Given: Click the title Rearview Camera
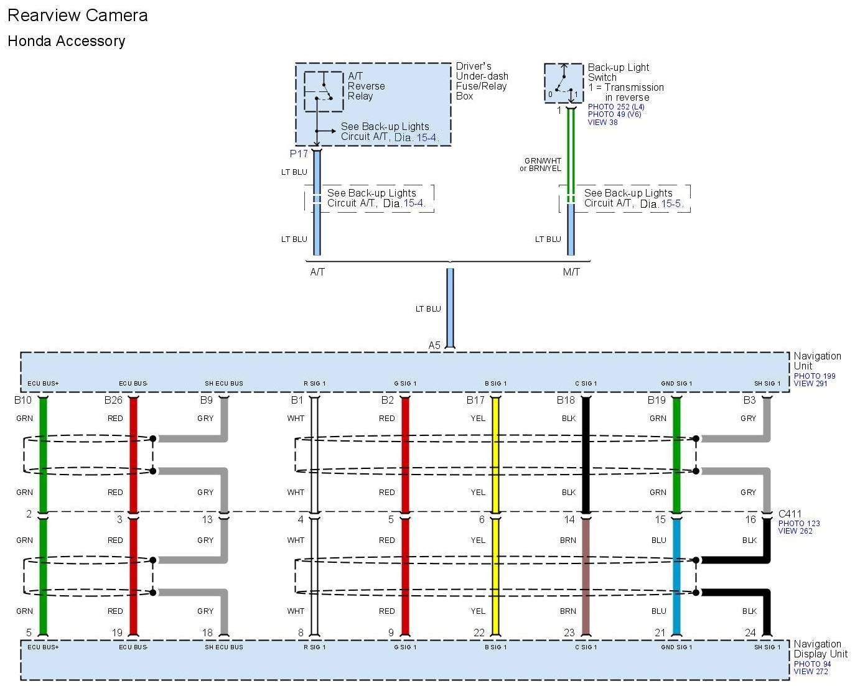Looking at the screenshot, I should [78, 16].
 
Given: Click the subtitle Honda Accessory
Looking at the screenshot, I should [67, 41].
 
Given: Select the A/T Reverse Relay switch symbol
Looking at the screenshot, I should [324, 91].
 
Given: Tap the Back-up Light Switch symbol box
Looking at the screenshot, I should [564, 83].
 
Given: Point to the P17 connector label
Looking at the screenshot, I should [299, 154].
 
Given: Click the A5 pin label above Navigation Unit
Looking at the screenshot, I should [434, 345].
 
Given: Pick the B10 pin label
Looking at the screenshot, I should [23, 400].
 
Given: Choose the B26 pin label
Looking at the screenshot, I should [113, 400].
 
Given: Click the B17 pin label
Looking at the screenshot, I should [475, 400].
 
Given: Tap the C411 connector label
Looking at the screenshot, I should [790, 514].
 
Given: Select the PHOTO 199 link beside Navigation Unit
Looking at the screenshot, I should [815, 376].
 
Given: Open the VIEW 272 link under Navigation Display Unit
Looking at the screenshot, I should [811, 672].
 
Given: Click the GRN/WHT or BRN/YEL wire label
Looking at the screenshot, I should [541, 164].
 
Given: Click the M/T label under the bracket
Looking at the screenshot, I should [571, 272].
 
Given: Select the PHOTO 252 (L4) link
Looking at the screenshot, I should [616, 107].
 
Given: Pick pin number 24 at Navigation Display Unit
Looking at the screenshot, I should [750, 633].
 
